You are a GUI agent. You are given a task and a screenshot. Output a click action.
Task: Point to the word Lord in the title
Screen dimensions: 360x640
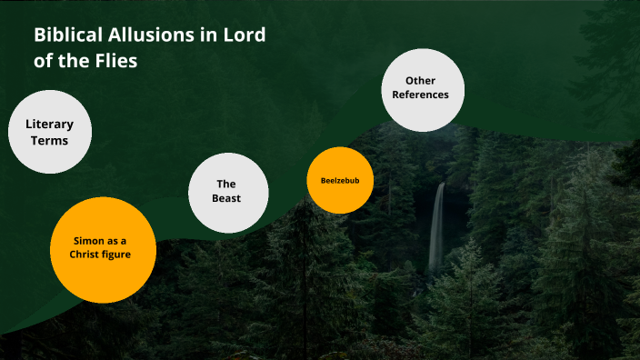pos(247,36)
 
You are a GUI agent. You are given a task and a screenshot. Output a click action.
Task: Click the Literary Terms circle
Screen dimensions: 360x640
pos(50,132)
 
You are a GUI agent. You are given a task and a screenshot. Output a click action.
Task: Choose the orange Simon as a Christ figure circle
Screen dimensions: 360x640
pos(102,249)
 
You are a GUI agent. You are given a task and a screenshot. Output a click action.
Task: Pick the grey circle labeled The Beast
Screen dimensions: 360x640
pos(227,192)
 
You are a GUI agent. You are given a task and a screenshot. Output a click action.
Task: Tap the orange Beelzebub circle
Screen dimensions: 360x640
pos(340,180)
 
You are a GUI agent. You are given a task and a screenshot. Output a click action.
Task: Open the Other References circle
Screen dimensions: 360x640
pos(421,88)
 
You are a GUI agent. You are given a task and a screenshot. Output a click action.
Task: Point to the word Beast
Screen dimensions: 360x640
pos(227,199)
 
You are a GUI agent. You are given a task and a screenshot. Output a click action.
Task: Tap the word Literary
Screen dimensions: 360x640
pos(50,124)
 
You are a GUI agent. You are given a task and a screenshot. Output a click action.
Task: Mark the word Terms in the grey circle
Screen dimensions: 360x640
pos(50,140)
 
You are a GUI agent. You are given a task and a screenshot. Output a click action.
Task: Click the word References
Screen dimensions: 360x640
pos(421,95)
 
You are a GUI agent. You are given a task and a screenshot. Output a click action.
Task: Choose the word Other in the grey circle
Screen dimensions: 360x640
pos(421,81)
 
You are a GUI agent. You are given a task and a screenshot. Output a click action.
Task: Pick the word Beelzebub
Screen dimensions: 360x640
pos(340,180)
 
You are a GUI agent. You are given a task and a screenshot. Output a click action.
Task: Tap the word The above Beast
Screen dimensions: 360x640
pos(227,185)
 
